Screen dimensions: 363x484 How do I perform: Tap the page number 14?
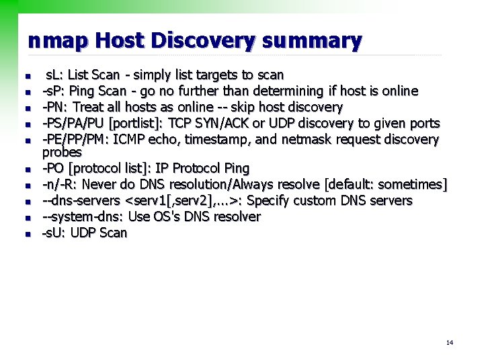click(x=449, y=343)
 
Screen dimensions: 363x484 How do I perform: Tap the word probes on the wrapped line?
click(x=62, y=152)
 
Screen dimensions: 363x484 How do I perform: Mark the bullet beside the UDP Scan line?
click(x=28, y=234)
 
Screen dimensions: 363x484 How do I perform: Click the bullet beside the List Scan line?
click(x=28, y=75)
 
